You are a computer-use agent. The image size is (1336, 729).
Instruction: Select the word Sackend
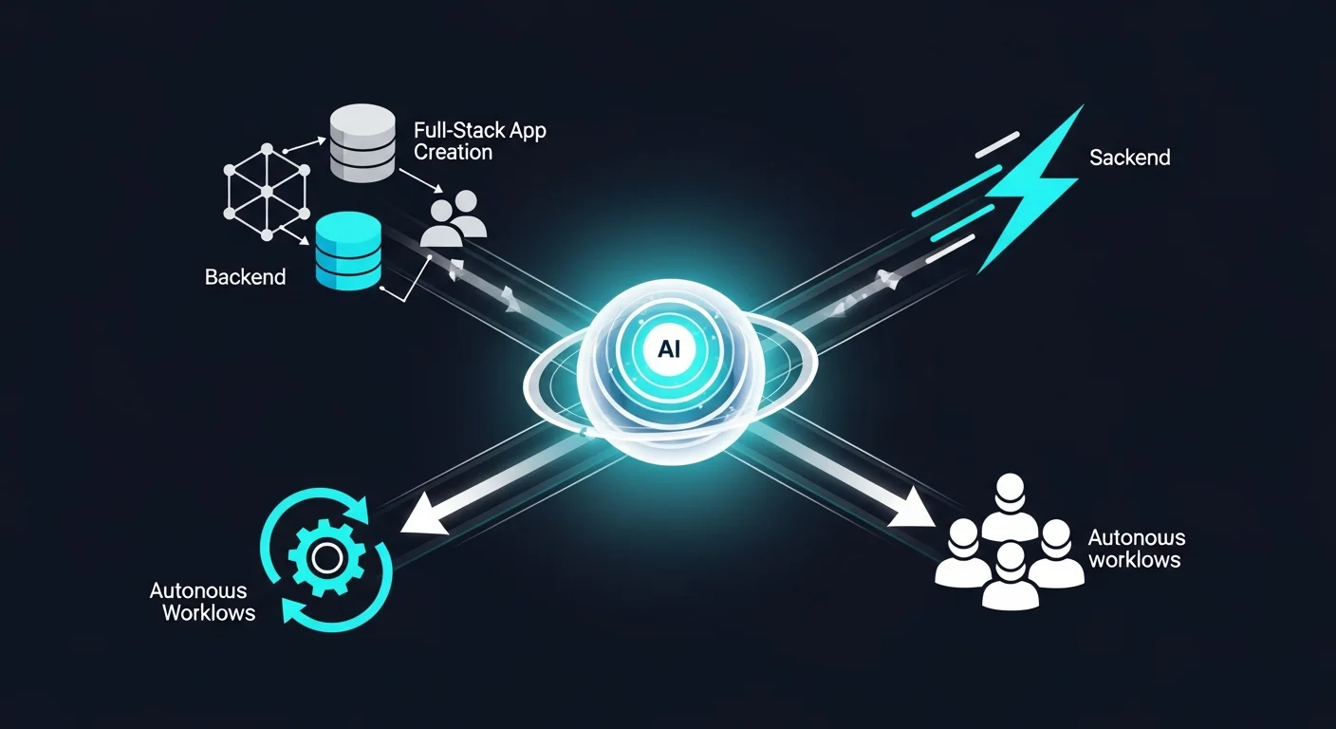(1129, 158)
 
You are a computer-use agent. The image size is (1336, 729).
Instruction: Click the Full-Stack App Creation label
(479, 140)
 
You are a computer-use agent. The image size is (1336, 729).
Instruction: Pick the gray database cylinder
(362, 144)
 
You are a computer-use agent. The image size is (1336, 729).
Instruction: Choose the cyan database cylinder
(346, 251)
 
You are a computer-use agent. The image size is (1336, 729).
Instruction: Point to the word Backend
(245, 277)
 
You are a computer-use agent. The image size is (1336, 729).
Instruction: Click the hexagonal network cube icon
(267, 191)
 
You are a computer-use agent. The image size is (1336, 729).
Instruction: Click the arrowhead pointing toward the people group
(913, 511)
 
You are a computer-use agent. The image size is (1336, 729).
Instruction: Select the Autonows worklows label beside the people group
(1136, 549)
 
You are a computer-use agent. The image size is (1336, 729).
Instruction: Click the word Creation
(453, 152)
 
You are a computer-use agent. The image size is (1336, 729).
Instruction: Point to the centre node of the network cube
(267, 191)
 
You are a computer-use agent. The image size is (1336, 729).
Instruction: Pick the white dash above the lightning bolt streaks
(996, 145)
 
